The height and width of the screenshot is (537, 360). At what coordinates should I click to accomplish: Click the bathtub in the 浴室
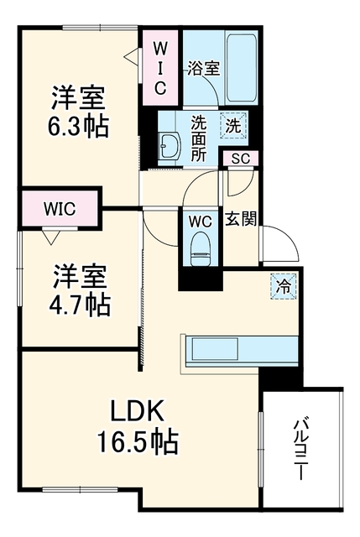coord(241,68)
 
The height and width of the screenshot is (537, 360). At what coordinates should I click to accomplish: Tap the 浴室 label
coord(203,69)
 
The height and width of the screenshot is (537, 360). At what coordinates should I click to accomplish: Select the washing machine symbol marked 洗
coord(233,126)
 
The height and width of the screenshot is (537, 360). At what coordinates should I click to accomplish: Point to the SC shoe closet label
coord(240,159)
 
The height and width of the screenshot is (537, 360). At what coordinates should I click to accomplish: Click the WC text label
coord(201,222)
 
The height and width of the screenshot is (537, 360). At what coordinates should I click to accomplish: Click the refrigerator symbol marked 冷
coord(283,286)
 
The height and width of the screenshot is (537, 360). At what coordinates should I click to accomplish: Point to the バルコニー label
coord(299,448)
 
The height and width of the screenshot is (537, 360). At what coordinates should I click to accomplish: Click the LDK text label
coord(136,410)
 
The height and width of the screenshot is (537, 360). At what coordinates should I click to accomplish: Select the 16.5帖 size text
coord(138,441)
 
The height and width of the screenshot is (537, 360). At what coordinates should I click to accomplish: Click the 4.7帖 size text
coord(80,305)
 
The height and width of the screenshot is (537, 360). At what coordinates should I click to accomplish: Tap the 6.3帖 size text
coord(78,126)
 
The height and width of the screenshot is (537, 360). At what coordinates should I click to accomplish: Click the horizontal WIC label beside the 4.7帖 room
coord(60,209)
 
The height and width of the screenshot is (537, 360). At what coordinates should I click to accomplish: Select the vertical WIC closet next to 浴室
coord(160,69)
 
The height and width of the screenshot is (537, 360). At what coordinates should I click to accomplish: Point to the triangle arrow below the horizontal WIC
coord(51,237)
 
